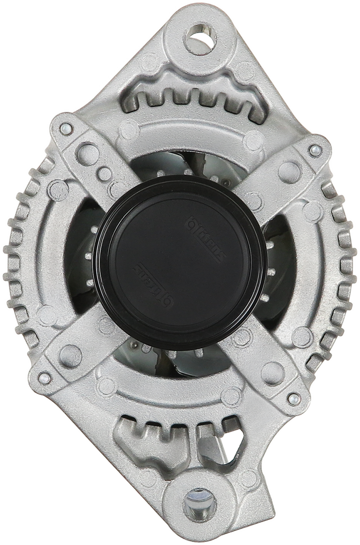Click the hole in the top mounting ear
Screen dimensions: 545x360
coord(198,33)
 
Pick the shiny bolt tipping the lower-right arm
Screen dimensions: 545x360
coord(293,398)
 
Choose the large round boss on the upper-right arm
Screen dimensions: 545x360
coord(287,171)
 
